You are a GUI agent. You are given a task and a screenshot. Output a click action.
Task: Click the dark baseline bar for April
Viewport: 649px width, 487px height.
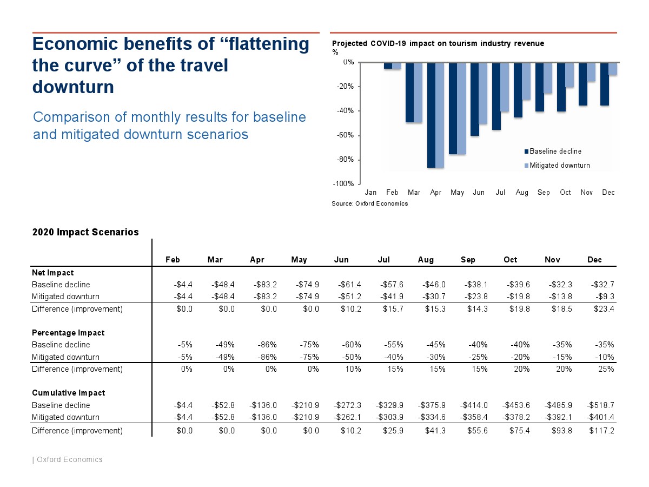click(x=432, y=115)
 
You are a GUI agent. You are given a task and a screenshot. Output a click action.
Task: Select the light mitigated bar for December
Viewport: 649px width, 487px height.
click(x=613, y=69)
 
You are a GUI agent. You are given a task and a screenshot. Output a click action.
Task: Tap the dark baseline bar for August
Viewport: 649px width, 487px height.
click(x=518, y=90)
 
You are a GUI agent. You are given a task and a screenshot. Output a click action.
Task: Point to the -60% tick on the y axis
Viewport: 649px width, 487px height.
click(x=347, y=135)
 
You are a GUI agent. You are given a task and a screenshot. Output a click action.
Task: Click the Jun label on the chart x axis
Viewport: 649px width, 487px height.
click(x=479, y=193)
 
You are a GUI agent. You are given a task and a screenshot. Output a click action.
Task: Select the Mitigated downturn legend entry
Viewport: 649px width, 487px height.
click(x=559, y=166)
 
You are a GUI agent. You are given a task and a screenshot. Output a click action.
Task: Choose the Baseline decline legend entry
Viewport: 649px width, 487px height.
click(x=555, y=152)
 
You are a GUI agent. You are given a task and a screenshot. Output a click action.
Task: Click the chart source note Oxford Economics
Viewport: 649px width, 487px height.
click(x=370, y=203)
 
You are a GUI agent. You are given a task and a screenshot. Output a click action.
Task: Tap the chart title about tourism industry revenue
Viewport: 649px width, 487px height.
click(x=438, y=43)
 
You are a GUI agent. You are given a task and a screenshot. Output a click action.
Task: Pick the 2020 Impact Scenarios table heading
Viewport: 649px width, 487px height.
click(x=85, y=232)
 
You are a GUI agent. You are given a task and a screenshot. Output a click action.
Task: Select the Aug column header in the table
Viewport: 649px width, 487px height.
click(x=426, y=260)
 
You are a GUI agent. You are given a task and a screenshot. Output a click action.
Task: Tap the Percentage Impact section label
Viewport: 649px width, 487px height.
click(x=68, y=333)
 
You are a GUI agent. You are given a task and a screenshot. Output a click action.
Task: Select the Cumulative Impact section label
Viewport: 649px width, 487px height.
click(x=68, y=393)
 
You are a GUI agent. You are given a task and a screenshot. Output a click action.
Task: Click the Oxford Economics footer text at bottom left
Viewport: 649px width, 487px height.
click(x=69, y=459)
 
